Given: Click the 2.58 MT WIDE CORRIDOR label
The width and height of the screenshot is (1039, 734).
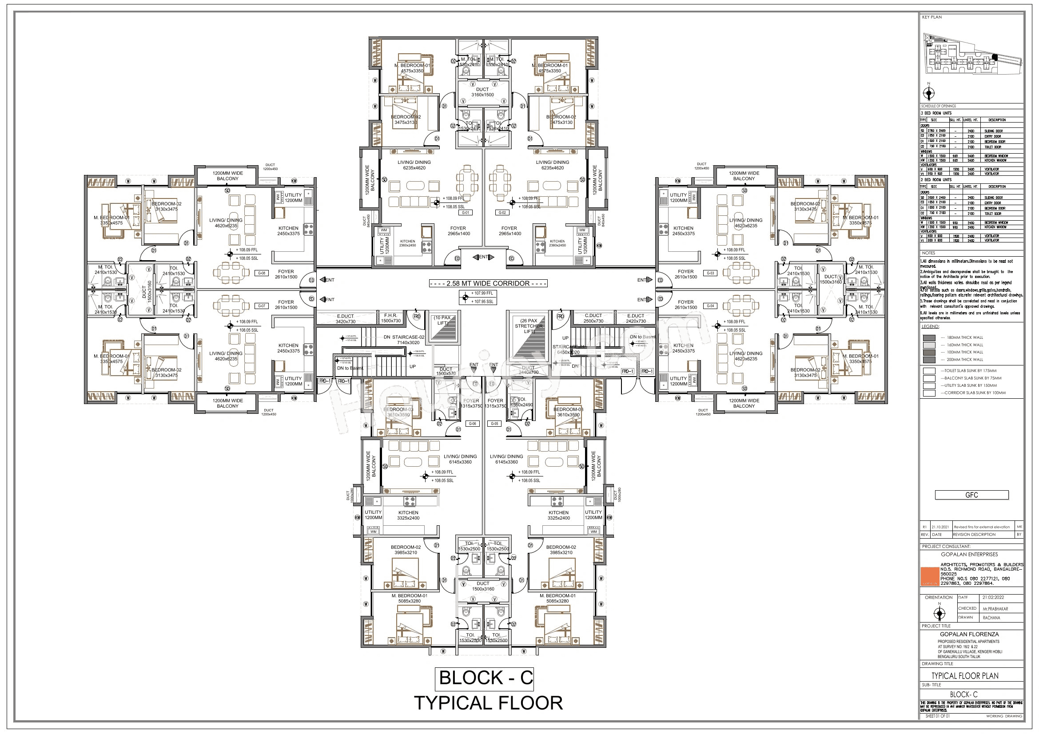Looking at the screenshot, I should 488,284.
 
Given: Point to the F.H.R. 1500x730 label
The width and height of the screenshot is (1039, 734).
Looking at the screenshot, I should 390,318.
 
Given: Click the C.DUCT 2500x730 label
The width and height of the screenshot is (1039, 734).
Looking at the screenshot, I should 593,318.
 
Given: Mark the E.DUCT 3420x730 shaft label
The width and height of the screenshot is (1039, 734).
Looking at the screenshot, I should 345,319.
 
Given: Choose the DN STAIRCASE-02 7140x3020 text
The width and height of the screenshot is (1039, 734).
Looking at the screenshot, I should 404,340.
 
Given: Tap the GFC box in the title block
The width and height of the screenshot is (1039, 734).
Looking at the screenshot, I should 971,495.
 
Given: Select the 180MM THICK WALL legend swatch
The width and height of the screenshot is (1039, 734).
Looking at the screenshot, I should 929,338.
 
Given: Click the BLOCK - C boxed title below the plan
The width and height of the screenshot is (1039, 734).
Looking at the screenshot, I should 485,678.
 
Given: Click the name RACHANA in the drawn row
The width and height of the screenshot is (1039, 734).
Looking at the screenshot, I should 991,618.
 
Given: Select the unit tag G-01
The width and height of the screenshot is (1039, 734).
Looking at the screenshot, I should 465,213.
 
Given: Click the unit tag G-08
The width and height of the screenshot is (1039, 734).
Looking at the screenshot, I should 262,273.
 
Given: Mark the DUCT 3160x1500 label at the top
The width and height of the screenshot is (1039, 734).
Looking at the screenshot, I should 482,92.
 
